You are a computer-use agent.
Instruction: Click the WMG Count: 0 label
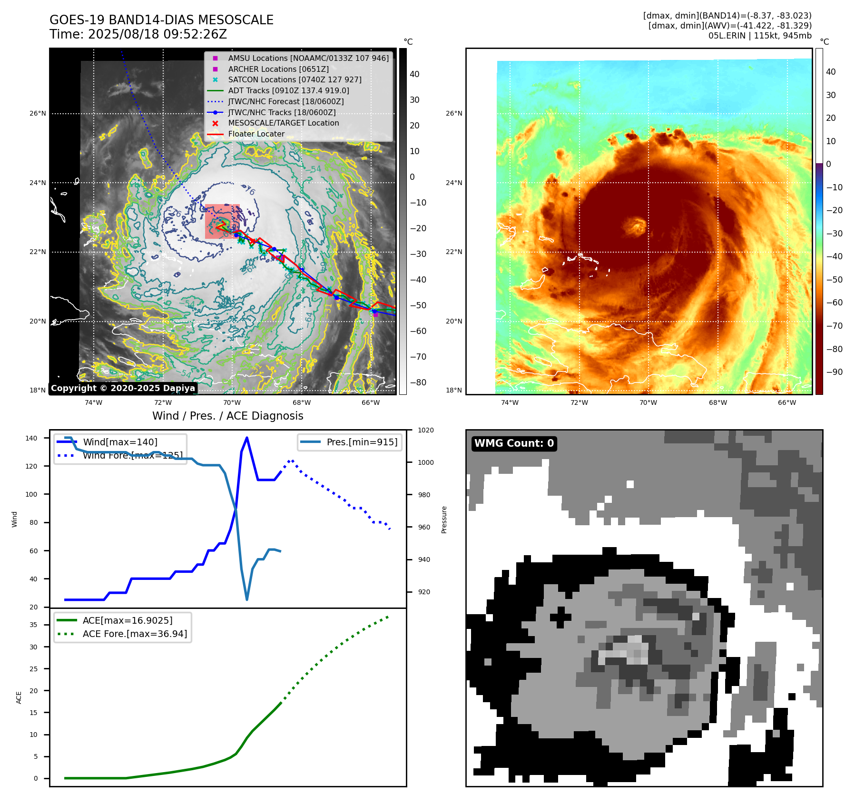pyautogui.click(x=514, y=443)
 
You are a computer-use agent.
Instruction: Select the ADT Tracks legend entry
pyautogui.click(x=288, y=90)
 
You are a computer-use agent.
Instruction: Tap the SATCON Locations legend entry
pyautogui.click(x=295, y=80)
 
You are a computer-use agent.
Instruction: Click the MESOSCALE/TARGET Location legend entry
pyautogui.click(x=284, y=123)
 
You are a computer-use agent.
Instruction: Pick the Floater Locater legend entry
pyautogui.click(x=256, y=134)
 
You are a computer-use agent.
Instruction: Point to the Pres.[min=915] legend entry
pyautogui.click(x=362, y=442)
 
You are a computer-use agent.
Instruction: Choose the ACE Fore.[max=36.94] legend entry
pyautogui.click(x=135, y=634)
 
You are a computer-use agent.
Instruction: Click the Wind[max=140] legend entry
pyautogui.click(x=120, y=442)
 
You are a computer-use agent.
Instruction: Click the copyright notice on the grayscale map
pyautogui.click(x=123, y=388)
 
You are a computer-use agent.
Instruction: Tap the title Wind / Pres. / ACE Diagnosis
pyautogui.click(x=227, y=416)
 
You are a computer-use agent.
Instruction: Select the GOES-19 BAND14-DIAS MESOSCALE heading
pyautogui.click(x=161, y=20)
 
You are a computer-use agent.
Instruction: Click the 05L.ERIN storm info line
pyautogui.click(x=760, y=36)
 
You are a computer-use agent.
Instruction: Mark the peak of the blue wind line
pyautogui.click(x=246, y=438)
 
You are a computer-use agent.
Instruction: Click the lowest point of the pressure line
pyautogui.click(x=247, y=599)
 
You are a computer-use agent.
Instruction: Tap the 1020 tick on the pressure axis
pyautogui.click(x=426, y=430)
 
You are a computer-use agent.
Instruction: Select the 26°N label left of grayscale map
pyautogui.click(x=38, y=113)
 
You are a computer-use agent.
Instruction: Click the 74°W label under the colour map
pyautogui.click(x=510, y=402)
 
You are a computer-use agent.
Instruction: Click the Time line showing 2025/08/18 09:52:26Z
pyautogui.click(x=138, y=34)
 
